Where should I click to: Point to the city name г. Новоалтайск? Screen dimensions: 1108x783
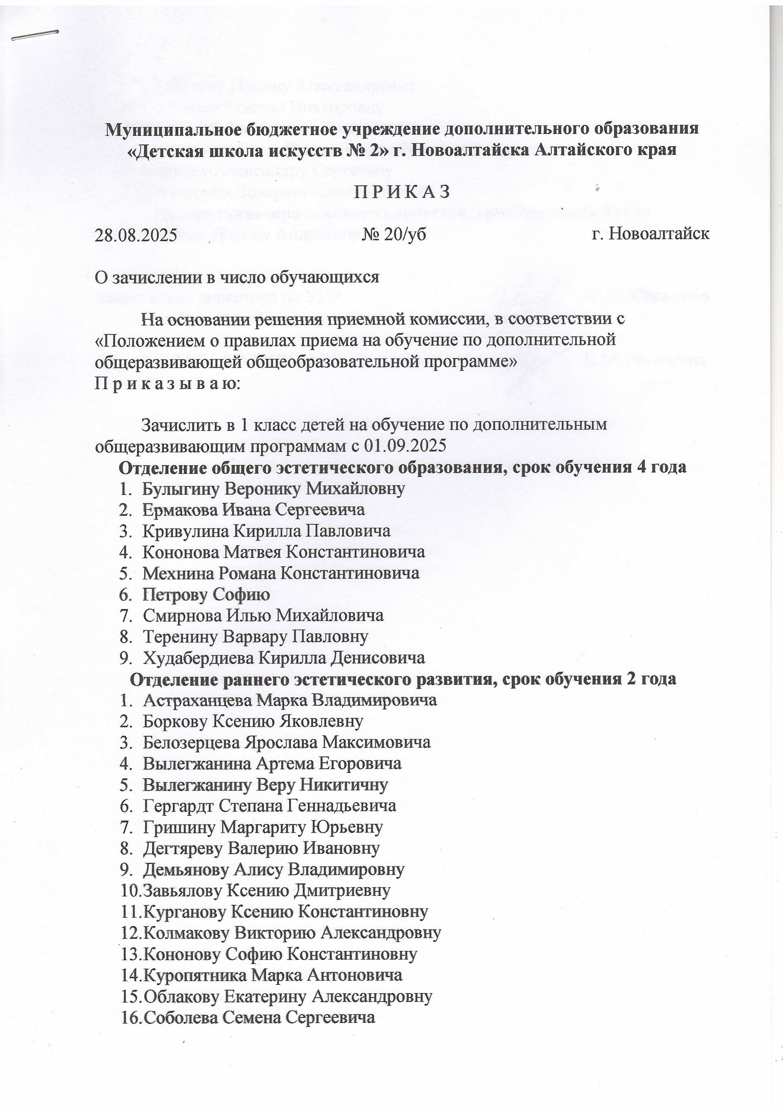(650, 234)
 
